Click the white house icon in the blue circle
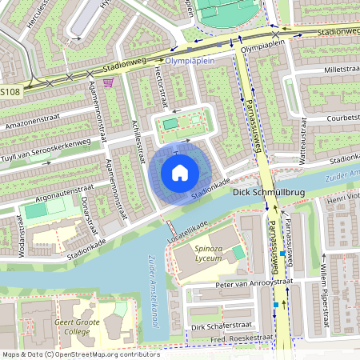[180, 173]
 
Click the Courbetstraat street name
[332, 118]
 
